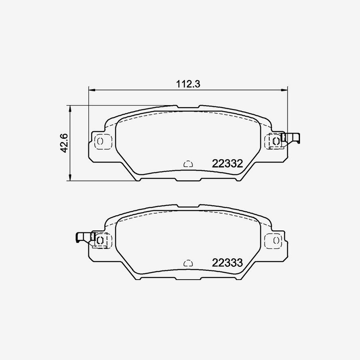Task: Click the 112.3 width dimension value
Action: click(x=188, y=84)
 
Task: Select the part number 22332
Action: click(x=228, y=164)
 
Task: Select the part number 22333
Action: click(x=228, y=263)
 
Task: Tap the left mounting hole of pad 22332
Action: click(x=100, y=141)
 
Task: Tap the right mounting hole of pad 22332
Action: click(x=276, y=141)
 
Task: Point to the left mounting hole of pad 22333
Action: click(x=100, y=240)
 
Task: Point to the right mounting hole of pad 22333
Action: click(x=276, y=240)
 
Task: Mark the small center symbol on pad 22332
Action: click(x=188, y=164)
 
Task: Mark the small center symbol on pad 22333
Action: click(x=188, y=263)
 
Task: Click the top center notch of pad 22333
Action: click(x=188, y=206)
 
